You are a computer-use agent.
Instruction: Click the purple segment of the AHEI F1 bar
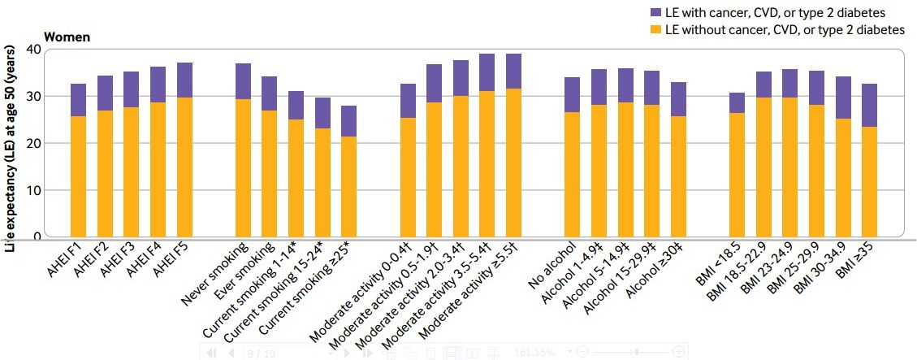pos(78,100)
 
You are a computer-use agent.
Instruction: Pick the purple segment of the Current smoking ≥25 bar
pos(348,121)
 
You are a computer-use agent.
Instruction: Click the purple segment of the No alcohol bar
pos(573,94)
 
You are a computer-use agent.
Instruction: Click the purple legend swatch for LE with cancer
pos(655,13)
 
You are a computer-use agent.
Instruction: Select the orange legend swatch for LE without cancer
pos(655,29)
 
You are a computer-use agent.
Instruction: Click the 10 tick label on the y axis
pos(33,190)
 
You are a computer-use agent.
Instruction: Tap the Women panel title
pos(67,37)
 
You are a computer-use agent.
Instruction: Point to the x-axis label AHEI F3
pos(119,258)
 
